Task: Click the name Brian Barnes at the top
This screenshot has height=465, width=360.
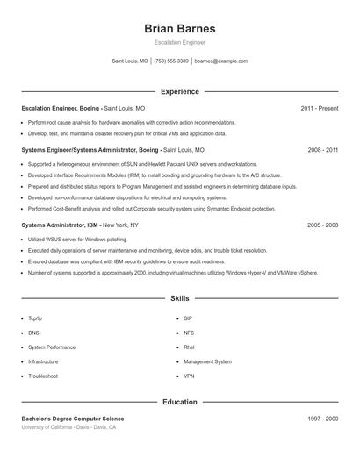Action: point(179,28)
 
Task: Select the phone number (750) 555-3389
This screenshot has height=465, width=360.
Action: point(171,61)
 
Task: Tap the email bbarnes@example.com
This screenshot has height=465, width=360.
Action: point(221,61)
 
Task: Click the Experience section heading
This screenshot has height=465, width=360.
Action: point(179,91)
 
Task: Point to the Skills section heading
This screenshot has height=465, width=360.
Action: point(179,299)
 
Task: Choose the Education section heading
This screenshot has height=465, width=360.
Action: point(179,403)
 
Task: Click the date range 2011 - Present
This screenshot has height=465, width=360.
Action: point(319,109)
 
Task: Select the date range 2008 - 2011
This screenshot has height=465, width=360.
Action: point(322,150)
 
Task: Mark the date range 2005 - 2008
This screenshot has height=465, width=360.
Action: point(322,225)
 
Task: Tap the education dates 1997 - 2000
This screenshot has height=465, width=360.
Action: point(322,419)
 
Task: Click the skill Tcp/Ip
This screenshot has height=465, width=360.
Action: point(35,319)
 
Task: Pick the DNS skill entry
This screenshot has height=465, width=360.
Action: point(33,333)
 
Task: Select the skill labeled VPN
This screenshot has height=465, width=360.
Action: point(189,376)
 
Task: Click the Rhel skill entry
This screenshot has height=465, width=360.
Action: point(189,347)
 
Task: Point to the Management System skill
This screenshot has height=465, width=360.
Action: point(207,361)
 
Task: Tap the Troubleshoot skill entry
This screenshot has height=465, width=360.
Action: point(42,376)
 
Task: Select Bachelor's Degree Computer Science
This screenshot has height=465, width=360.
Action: point(73,419)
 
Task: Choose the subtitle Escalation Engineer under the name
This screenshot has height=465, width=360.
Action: point(179,43)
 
